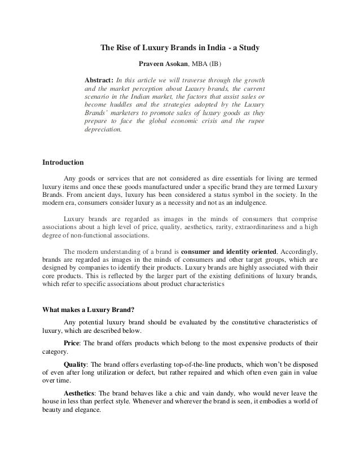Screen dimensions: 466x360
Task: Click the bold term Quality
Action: coord(76,364)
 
